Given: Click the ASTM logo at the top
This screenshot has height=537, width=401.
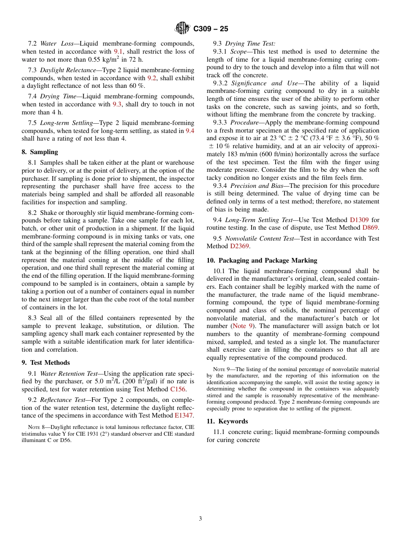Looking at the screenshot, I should coord(183,28).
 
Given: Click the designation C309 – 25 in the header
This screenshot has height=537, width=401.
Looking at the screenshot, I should coord(211,29).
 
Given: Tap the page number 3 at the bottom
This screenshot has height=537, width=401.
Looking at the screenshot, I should coord(200,518).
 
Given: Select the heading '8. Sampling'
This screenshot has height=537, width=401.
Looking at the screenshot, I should coord(40,152).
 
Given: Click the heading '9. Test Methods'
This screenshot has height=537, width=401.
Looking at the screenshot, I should coord(46,363).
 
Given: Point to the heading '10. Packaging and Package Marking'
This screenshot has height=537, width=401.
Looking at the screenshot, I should coord(262,260).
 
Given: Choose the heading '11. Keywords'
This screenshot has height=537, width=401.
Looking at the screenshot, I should coord(227,421).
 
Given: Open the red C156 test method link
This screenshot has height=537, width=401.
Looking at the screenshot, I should coord(177,389).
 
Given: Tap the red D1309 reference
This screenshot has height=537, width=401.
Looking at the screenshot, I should coord(359,220).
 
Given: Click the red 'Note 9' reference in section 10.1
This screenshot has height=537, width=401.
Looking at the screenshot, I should coord(243,326).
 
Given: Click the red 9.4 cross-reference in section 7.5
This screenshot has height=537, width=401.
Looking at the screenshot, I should coord(190,131).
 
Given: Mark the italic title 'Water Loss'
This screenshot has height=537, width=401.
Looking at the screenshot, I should coord(57,43).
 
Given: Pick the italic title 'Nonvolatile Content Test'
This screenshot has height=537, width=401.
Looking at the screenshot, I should coord(260,239).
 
